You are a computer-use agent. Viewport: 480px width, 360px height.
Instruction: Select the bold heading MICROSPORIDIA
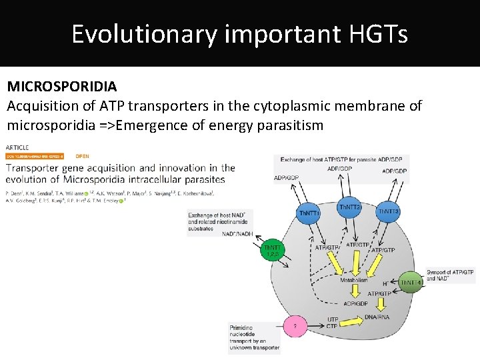pos(62,87)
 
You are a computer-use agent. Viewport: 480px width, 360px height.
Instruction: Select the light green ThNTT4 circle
pos(409,282)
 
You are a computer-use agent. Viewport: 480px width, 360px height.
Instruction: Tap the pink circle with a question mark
pos(295,326)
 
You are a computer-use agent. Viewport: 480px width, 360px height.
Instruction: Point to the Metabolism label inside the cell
pos(354,280)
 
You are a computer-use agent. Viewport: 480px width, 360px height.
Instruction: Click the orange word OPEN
pos(82,156)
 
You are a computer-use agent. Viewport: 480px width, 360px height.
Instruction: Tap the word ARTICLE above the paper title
pos(17,147)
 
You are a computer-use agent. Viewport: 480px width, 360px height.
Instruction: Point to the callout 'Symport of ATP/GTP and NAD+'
pos(450,275)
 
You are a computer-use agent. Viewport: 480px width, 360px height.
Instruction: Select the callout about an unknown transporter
pos(254,337)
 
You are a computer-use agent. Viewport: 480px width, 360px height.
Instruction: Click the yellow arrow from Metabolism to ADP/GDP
pos(353,293)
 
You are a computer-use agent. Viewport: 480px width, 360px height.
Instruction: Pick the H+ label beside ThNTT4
pos(385,283)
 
